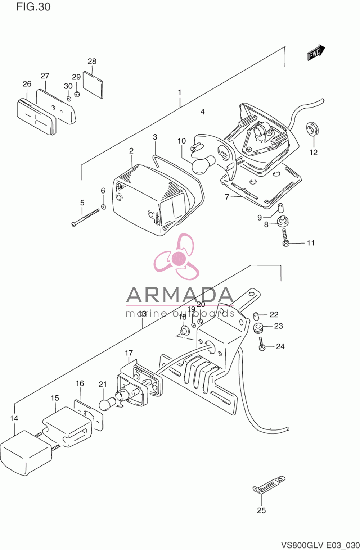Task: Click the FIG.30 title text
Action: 33,7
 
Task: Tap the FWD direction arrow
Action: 316,52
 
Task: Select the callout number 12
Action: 313,152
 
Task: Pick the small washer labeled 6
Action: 104,207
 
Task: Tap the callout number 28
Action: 92,61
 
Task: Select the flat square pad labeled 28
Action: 93,85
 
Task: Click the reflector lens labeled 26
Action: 37,117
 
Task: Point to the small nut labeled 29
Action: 77,94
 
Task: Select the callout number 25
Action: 261,510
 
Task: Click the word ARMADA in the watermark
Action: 179,295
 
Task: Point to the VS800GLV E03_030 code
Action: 320,545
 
